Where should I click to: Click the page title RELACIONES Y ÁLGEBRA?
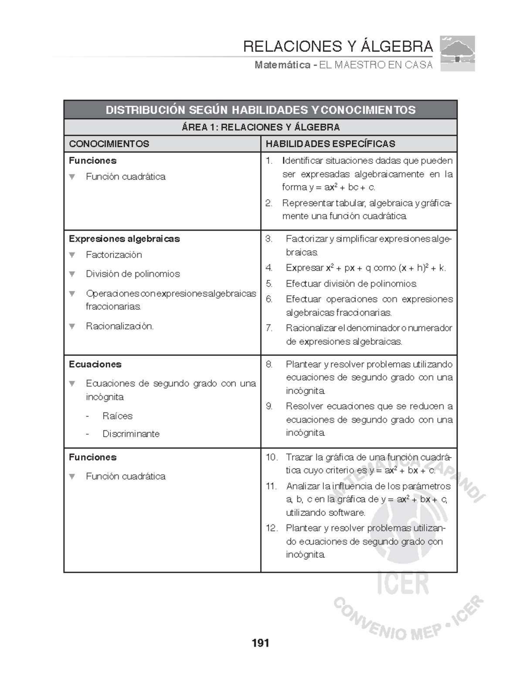338,46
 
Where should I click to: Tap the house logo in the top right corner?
457,54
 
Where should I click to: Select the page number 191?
260,643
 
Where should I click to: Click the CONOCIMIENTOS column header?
109,144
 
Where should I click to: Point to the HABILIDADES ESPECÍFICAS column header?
330,144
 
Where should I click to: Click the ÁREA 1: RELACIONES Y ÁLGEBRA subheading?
260,127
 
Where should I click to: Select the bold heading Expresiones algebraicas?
124,239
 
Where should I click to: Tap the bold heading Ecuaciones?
95,364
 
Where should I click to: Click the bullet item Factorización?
114,255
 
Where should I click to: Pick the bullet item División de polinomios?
132,274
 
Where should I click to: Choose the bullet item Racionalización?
119,326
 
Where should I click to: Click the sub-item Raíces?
117,416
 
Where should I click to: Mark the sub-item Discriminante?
131,434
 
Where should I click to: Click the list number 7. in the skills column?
269,328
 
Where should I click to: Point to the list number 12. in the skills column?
272,528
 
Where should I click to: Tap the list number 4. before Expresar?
269,268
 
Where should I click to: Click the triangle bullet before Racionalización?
72,326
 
